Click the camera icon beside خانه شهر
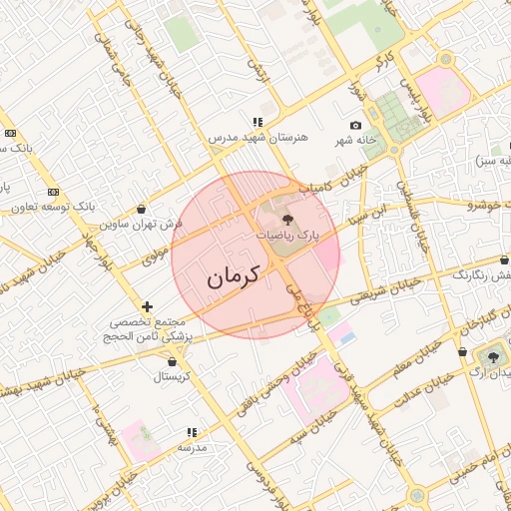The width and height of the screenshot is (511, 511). pyautogui.click(x=356, y=125)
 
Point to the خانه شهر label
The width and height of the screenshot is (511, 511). pyautogui.click(x=356, y=140)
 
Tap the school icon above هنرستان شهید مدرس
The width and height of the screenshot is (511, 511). pyautogui.click(x=257, y=122)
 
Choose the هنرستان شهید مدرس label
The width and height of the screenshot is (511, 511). pyautogui.click(x=258, y=137)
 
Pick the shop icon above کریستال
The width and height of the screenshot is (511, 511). pyautogui.click(x=175, y=362)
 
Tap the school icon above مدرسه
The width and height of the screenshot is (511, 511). pyautogui.click(x=191, y=432)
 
